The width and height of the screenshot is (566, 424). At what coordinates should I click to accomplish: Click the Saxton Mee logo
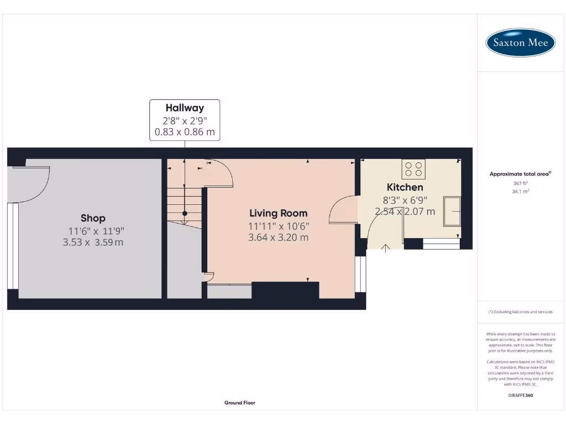520,43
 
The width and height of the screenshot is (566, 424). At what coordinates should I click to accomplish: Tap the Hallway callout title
185,108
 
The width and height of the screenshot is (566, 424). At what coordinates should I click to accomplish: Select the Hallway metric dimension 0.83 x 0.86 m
185,133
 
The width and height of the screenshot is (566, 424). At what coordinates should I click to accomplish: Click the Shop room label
93,218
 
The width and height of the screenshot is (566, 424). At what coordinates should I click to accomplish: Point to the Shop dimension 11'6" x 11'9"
93,231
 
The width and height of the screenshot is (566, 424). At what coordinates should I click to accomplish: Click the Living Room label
279,213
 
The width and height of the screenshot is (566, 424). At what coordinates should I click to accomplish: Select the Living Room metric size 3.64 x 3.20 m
279,238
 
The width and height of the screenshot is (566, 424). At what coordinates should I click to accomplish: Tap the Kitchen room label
405,187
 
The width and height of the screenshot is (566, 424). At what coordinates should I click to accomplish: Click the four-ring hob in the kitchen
413,169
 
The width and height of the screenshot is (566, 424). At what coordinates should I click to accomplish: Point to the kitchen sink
452,210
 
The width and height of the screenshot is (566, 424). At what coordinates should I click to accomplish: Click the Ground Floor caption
240,403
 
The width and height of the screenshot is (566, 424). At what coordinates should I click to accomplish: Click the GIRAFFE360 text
520,395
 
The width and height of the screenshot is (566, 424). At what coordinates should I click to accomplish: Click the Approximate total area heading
520,174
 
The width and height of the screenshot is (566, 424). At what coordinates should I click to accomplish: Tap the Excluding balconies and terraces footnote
520,312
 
